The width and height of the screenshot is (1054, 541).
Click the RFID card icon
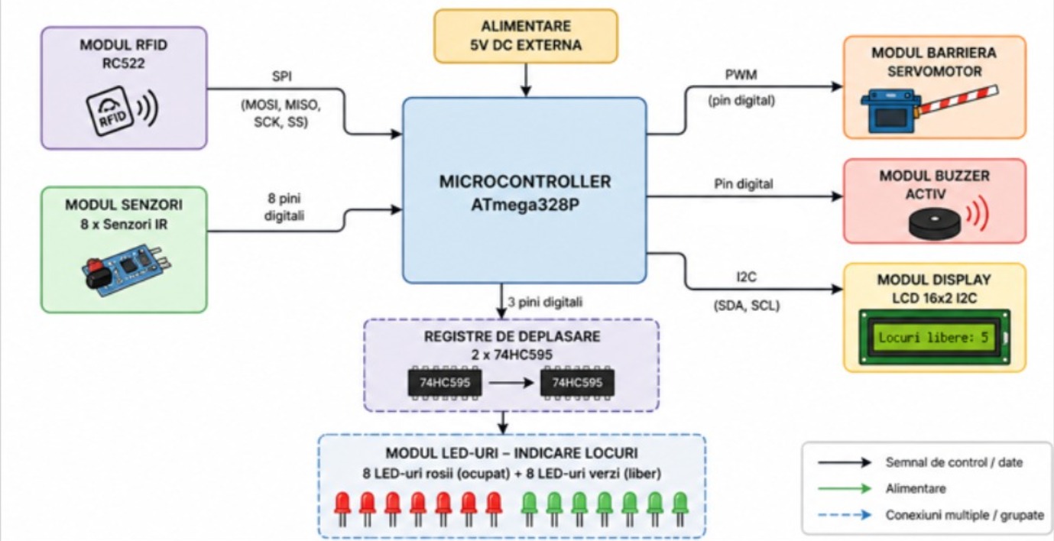click(109, 111)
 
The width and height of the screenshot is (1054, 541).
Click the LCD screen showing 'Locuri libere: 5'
click(934, 337)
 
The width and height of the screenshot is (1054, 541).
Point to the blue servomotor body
click(890, 112)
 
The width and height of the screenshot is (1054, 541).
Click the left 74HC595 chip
click(445, 383)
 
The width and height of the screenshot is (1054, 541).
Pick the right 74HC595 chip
click(577, 383)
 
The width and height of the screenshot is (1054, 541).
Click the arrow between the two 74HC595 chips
click(511, 383)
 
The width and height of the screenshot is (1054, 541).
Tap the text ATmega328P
click(524, 205)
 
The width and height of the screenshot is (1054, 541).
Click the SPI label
click(281, 76)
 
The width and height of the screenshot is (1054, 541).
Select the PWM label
click(741, 75)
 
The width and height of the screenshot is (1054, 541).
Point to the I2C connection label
click(746, 277)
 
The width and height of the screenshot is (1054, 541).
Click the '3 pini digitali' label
click(545, 302)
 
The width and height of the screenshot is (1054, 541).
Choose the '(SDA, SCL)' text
click(747, 306)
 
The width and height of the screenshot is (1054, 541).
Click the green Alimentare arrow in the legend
click(845, 489)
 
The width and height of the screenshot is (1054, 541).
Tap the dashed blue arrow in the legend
click(845, 515)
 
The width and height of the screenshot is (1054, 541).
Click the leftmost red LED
click(342, 509)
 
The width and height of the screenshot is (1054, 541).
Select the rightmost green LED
click(680, 509)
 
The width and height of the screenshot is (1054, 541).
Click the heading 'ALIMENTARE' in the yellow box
click(526, 26)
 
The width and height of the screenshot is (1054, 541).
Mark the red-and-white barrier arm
click(958, 100)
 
